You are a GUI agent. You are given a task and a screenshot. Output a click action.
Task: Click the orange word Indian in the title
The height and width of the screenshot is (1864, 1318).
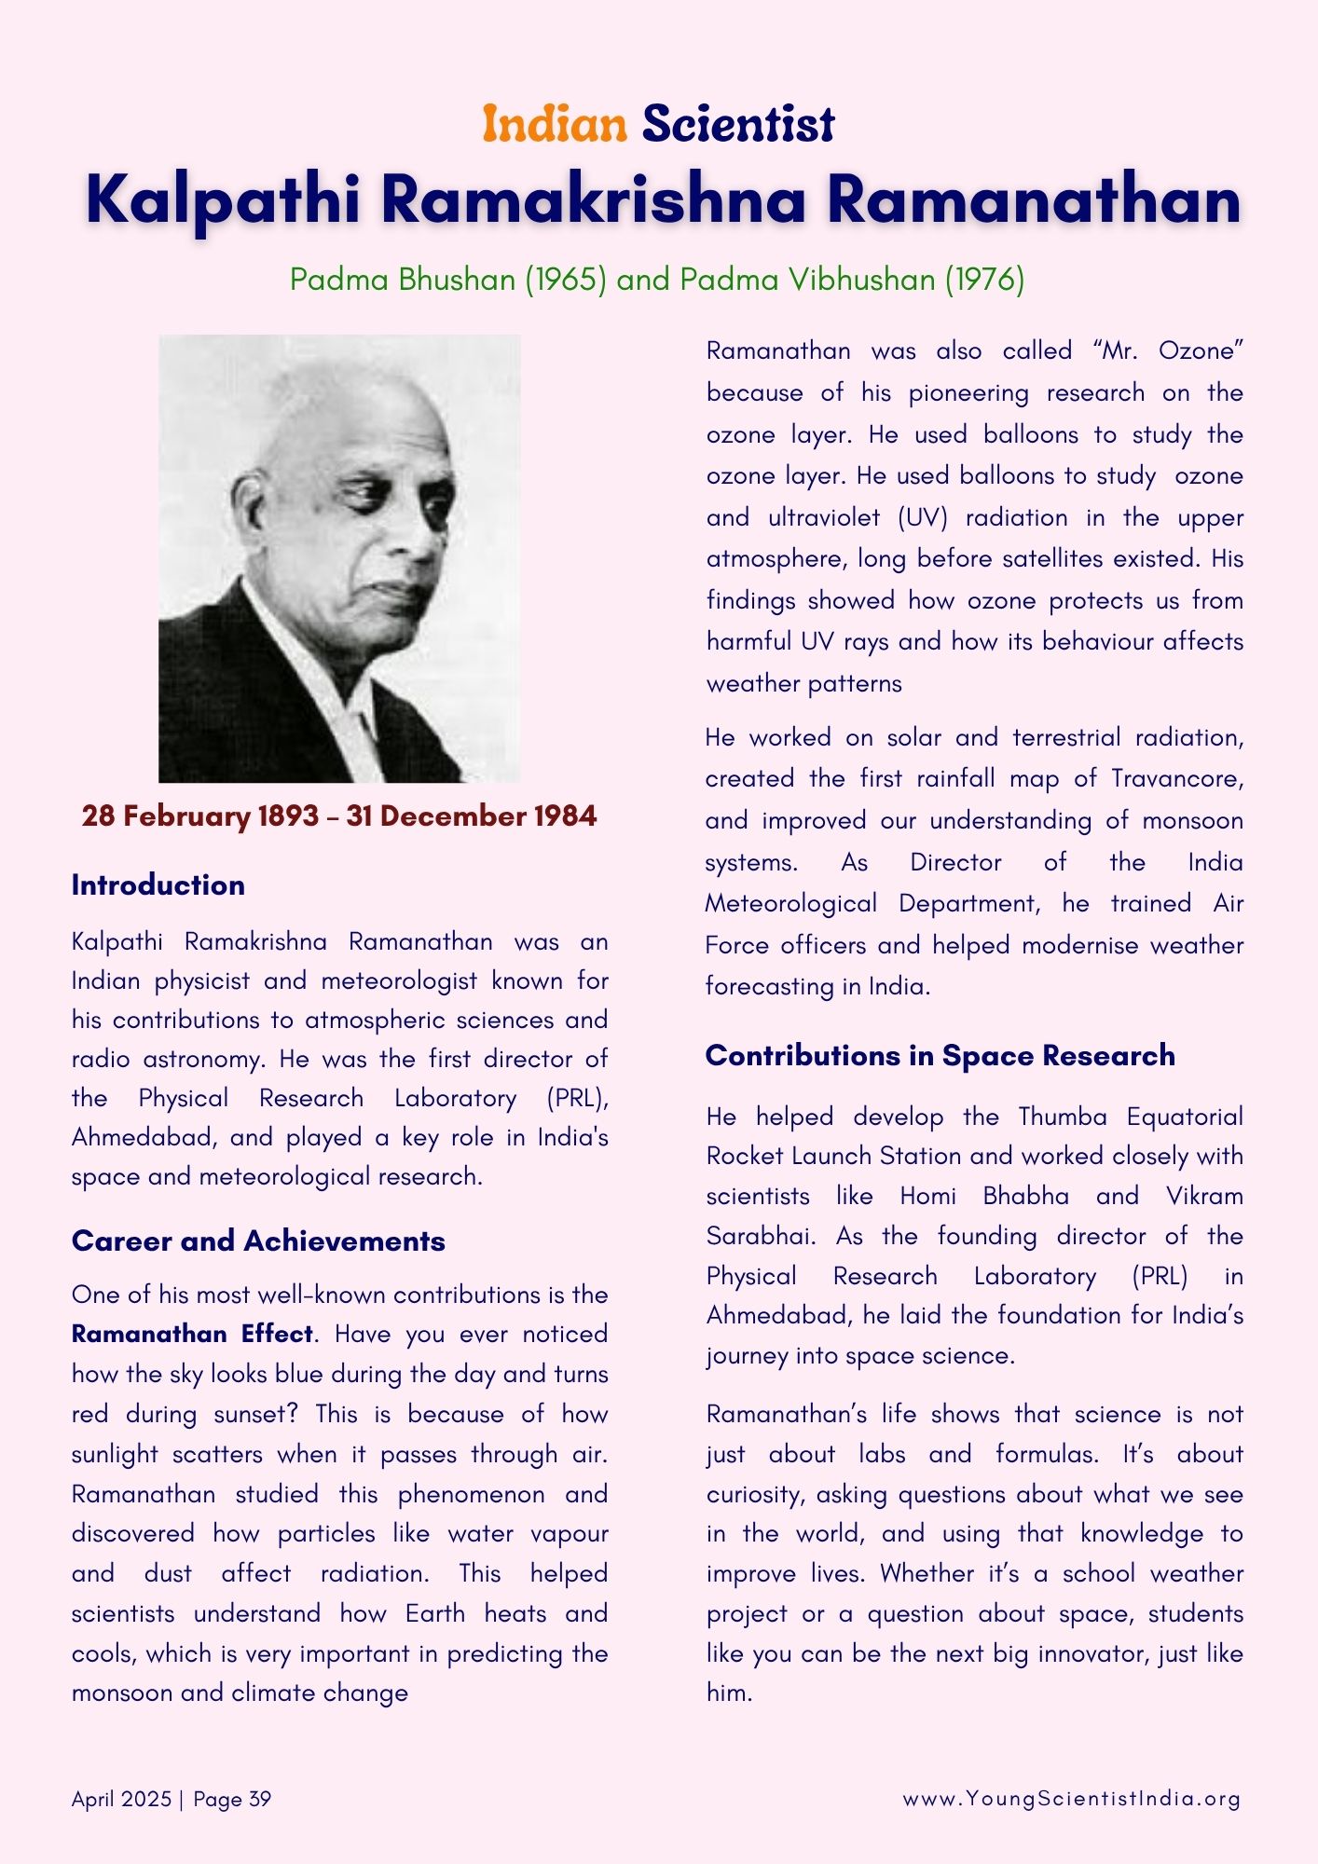pos(555,124)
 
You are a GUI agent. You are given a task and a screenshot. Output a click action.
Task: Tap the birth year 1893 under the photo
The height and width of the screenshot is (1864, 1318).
pos(288,816)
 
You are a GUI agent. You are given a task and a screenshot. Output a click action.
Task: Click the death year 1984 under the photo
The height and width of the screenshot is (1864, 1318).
pos(565,816)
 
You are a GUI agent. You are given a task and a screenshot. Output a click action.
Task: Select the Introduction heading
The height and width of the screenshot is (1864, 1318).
pos(158,885)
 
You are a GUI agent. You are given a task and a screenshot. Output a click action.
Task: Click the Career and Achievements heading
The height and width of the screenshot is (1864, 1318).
pos(258,1241)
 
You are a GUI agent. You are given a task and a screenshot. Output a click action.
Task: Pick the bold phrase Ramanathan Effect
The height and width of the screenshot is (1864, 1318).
pos(192,1335)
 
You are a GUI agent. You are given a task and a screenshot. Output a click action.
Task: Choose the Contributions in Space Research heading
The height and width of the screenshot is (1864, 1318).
pos(940,1056)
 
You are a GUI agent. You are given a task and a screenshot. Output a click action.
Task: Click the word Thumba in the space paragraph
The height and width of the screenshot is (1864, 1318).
pos(1063,1117)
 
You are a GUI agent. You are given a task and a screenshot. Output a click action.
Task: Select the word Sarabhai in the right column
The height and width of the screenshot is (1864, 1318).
pos(760,1236)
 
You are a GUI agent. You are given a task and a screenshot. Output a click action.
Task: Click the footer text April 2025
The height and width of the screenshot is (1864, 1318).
pos(121,1799)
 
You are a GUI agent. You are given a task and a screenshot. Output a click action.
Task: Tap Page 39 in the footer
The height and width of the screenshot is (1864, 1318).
pos(232,1799)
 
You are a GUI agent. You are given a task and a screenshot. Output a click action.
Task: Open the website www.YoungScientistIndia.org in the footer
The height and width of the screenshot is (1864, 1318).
pos(1071,1799)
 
